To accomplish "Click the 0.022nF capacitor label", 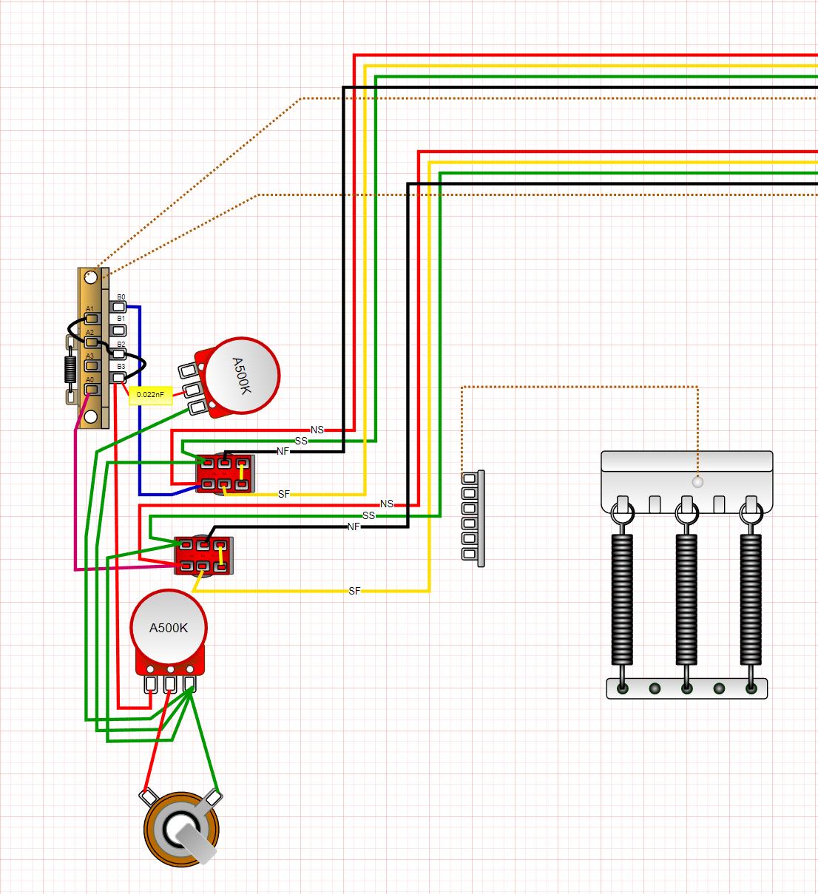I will pyautogui.click(x=150, y=395).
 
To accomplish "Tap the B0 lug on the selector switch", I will pyautogui.click(x=118, y=306).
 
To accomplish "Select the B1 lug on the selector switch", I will pyautogui.click(x=118, y=330).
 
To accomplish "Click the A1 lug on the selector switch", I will pyautogui.click(x=92, y=319).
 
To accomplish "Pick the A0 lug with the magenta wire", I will pyautogui.click(x=91, y=389).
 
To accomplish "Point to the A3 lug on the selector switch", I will pyautogui.click(x=92, y=365).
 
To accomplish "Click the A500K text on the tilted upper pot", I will pyautogui.click(x=242, y=376).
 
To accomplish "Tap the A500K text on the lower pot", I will pyautogui.click(x=169, y=628).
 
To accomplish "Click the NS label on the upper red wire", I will pyautogui.click(x=317, y=430).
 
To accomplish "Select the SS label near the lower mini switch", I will pyautogui.click(x=368, y=515).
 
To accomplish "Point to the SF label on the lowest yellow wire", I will pyautogui.click(x=354, y=591).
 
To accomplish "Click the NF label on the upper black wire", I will pyautogui.click(x=283, y=451).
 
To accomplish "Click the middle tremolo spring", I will pyautogui.click(x=686, y=599).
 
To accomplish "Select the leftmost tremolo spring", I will pyautogui.click(x=622, y=599).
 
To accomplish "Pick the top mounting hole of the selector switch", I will pyautogui.click(x=90, y=278).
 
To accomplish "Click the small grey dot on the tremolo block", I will pyautogui.click(x=697, y=481).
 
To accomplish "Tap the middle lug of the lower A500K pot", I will pyautogui.click(x=170, y=684).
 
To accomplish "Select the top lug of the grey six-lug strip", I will pyautogui.click(x=468, y=478).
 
